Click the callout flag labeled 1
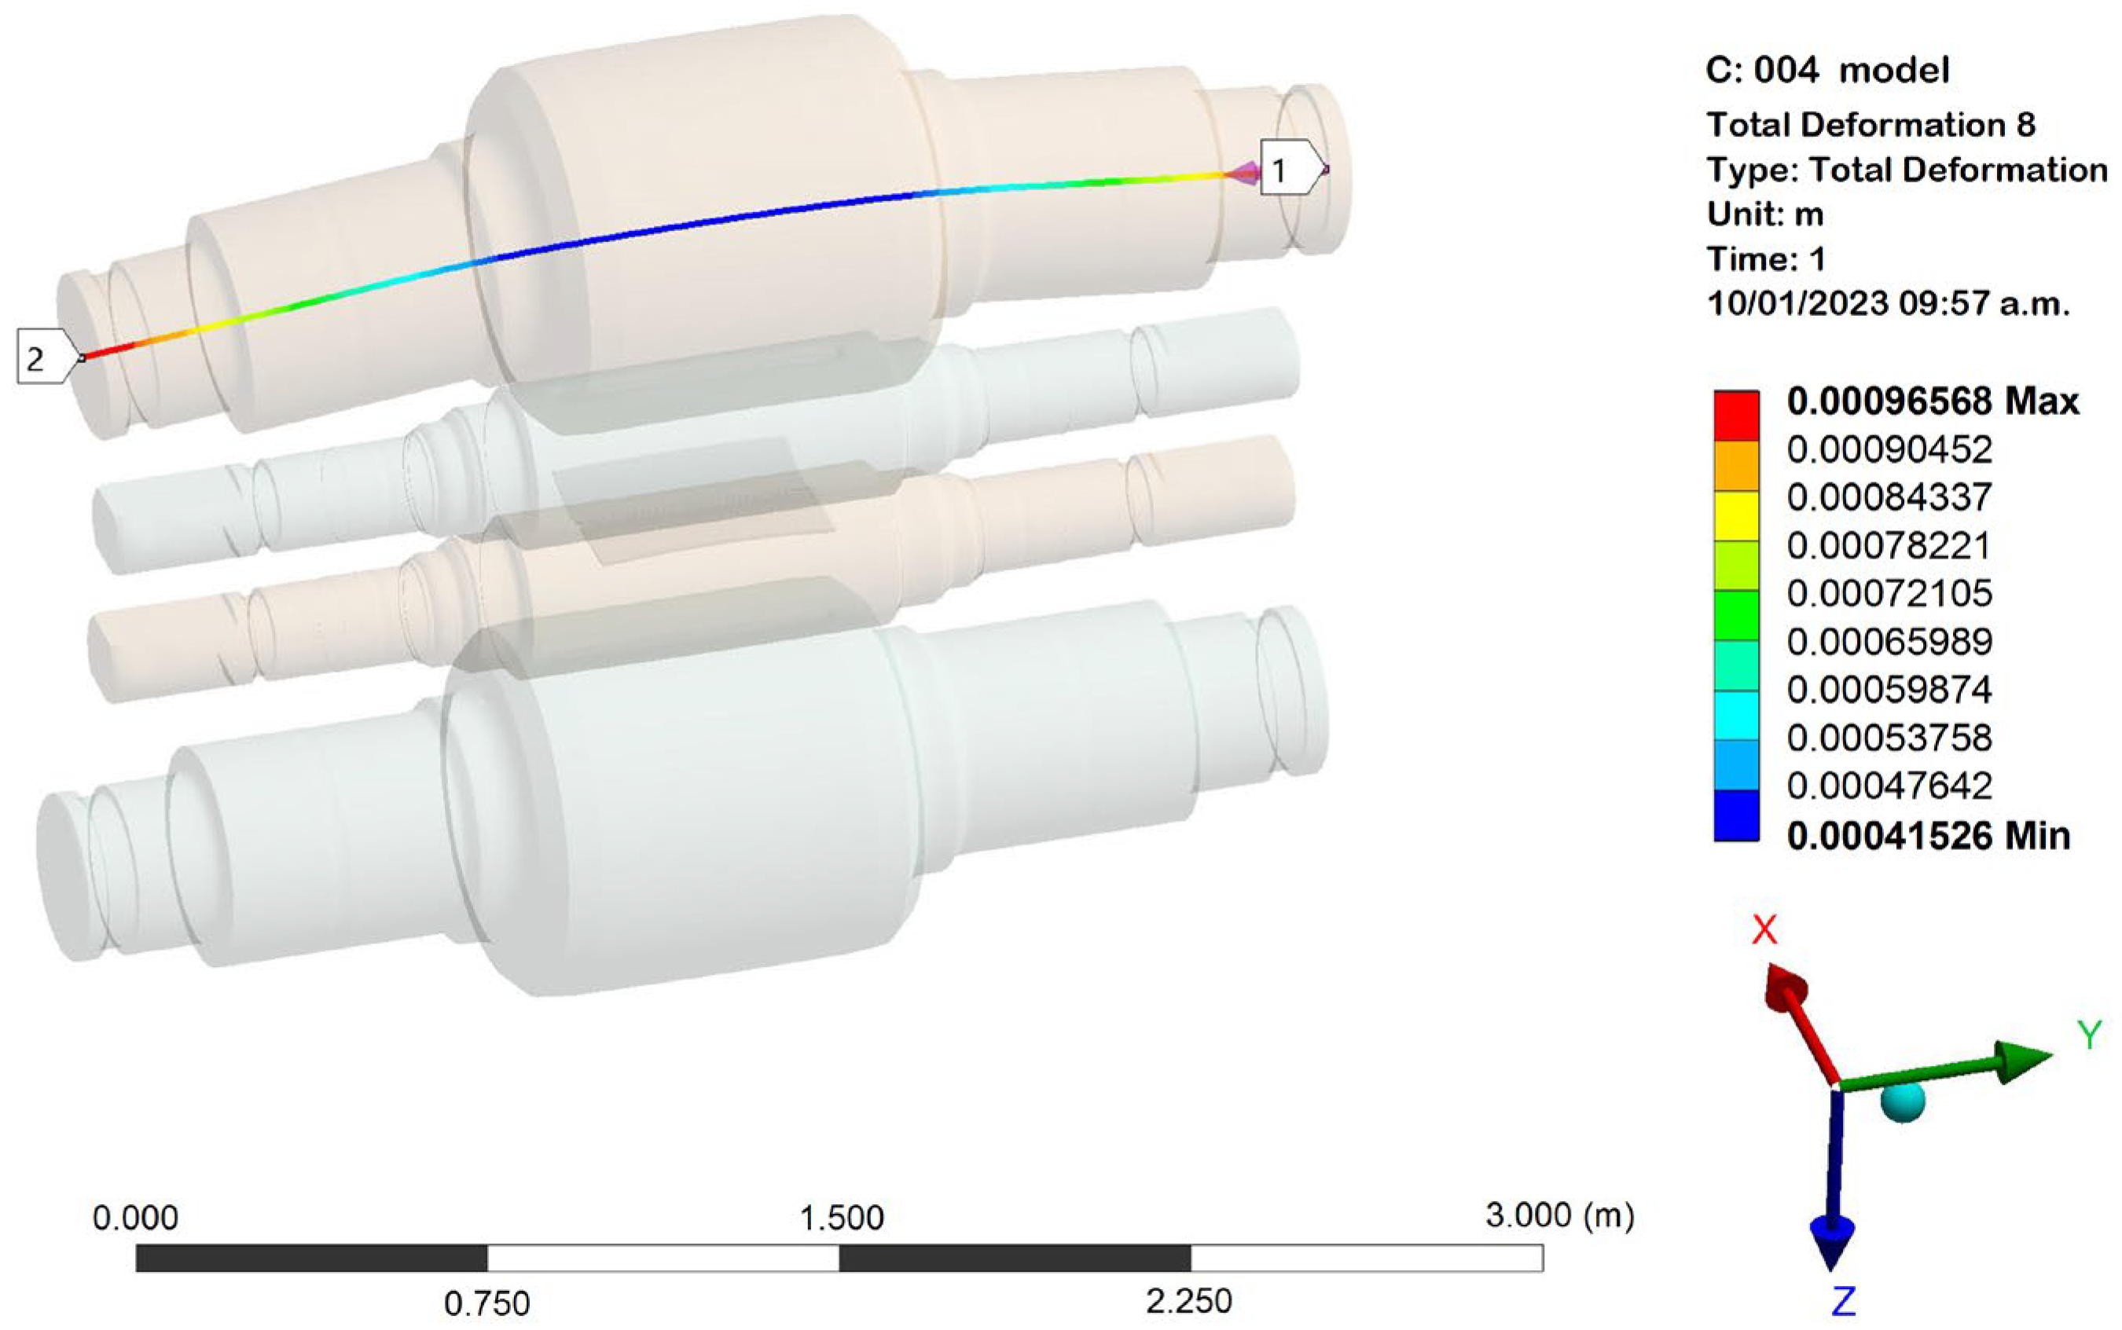pos(1292,167)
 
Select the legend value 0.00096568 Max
pos(1933,402)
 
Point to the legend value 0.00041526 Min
pos(1929,835)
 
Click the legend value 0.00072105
pos(1889,594)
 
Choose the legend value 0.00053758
pos(1889,738)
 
